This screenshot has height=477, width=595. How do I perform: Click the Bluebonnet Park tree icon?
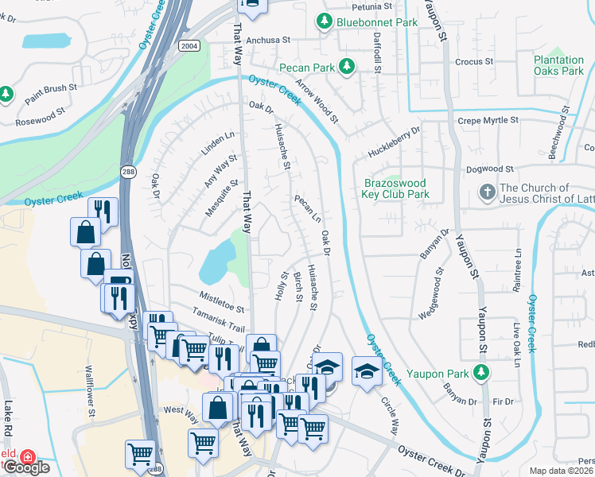[325, 23]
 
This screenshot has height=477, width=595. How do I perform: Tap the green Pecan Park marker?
[347, 68]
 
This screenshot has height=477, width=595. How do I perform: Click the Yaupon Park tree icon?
[480, 372]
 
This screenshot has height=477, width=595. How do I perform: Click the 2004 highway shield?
[189, 45]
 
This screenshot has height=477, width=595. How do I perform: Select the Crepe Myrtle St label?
[488, 121]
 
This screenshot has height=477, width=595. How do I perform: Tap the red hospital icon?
[28, 457]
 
